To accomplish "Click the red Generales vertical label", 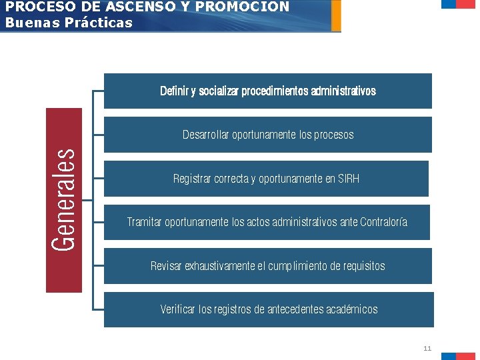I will click(64, 200).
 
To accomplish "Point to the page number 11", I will click(427, 348).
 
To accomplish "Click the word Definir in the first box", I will click(174, 91).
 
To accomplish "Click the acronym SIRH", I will click(349, 179).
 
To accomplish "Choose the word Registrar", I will click(192, 179).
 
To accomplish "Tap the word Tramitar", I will click(145, 222).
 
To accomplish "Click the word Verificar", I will click(178, 309).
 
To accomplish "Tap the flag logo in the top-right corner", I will click(459, 4).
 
